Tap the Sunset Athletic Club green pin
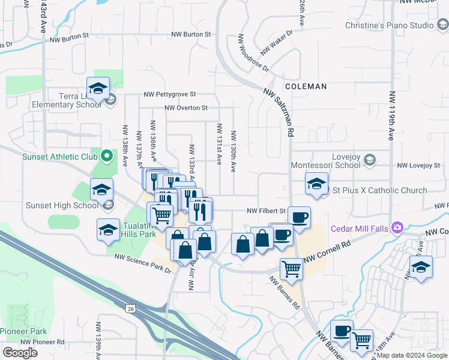[107, 157]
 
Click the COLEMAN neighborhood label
[306, 86]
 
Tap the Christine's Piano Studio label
[389, 26]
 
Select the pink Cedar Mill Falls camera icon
[397, 227]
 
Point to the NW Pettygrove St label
[170, 94]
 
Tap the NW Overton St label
[185, 108]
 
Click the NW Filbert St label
[267, 211]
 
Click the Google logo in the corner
[20, 353]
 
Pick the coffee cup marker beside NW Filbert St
[299, 217]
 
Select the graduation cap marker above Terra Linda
[98, 88]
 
